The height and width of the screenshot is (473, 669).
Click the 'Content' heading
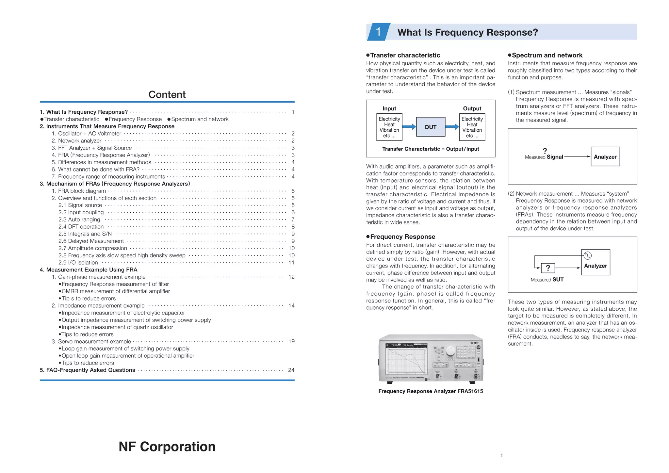[167, 94]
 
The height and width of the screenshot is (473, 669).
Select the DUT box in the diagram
[431, 127]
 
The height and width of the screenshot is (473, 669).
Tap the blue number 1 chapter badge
[378, 32]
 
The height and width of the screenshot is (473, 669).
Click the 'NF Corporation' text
[167, 446]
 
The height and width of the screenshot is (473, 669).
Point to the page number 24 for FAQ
[291, 370]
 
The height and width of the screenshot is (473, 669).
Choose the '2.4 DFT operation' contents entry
[81, 227]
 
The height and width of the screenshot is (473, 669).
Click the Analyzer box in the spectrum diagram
[605, 157]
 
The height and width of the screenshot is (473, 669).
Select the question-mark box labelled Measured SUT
[548, 268]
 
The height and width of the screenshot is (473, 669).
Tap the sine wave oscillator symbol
[587, 255]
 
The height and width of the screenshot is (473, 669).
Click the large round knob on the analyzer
[450, 351]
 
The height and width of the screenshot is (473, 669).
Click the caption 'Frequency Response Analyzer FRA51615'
[431, 391]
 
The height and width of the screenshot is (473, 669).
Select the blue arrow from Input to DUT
[409, 127]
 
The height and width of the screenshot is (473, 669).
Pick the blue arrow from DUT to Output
[452, 127]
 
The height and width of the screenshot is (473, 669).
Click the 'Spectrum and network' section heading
[547, 55]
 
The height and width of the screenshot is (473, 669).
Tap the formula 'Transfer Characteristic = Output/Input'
[431, 149]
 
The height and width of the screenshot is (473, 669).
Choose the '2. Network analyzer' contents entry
[76, 141]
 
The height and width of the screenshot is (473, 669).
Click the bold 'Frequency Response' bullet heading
[402, 236]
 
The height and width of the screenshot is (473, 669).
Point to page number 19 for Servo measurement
[291, 341]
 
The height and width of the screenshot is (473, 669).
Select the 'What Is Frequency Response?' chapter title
[467, 32]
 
